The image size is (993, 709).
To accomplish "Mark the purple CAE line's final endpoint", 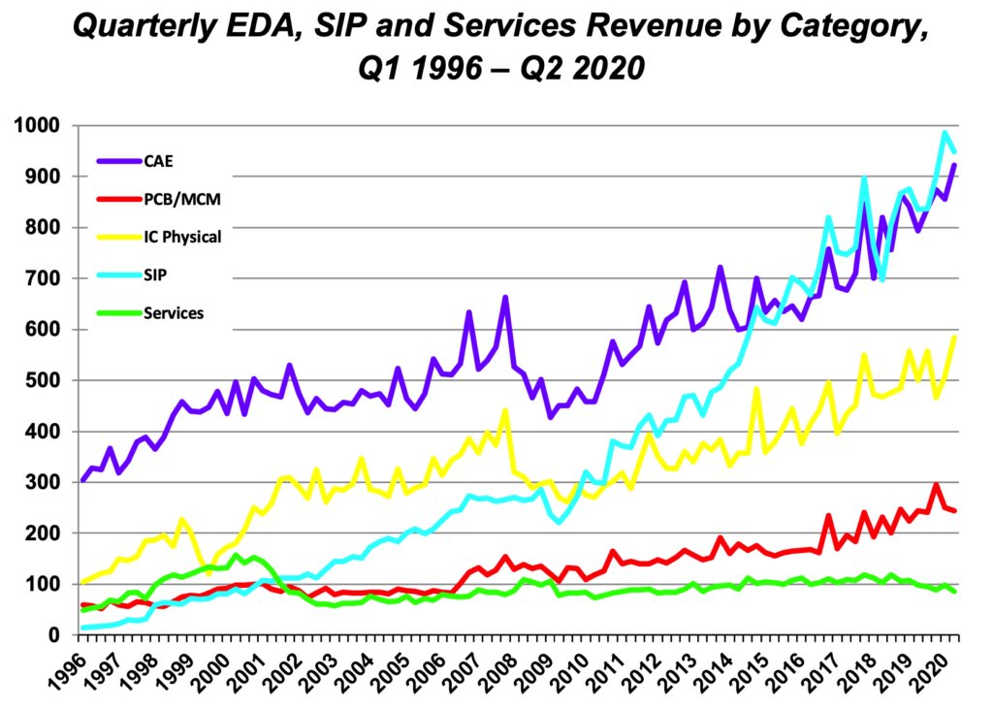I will [x=956, y=165].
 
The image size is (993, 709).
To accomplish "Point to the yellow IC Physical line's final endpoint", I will [x=956, y=338].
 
